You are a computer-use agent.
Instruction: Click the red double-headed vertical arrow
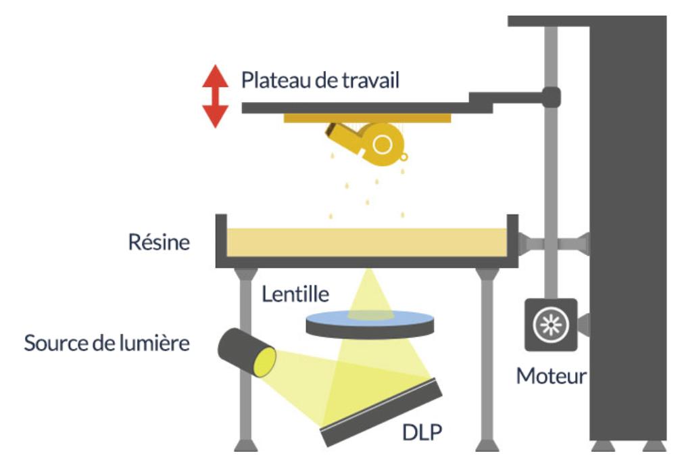[x=216, y=96]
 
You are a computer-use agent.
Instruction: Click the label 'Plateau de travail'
[x=320, y=80]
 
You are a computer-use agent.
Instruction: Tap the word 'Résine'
[x=160, y=242]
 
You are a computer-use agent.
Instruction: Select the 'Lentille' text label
[x=296, y=294]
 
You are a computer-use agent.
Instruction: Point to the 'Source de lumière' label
[x=107, y=343]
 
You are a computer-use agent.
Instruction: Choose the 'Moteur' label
[x=551, y=375]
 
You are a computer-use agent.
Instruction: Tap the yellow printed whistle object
[x=365, y=140]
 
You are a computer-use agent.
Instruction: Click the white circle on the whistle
[x=382, y=144]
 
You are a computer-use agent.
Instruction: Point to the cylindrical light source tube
[x=246, y=351]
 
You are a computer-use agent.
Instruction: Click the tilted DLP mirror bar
[x=383, y=413]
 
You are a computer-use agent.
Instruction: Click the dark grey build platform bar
[x=365, y=108]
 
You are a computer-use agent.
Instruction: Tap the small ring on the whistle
[x=404, y=158]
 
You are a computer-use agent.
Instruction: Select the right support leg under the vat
[x=485, y=358]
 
